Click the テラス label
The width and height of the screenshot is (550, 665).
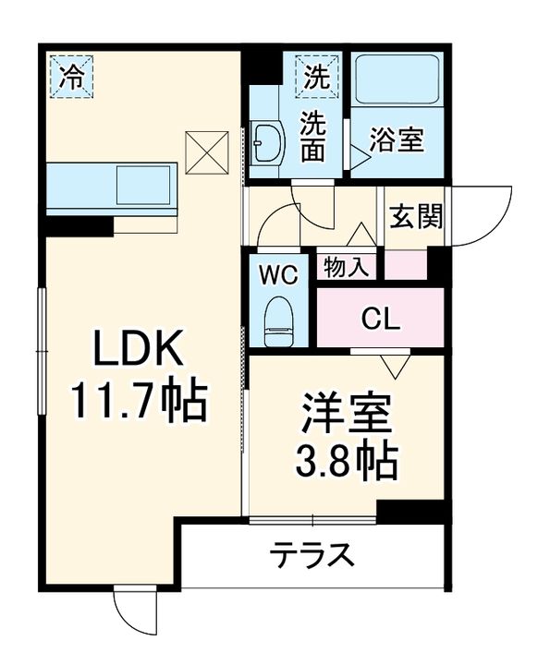pyautogui.click(x=312, y=556)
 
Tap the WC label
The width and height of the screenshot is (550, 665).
pyautogui.click(x=277, y=274)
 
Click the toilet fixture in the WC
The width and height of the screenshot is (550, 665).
pyautogui.click(x=278, y=320)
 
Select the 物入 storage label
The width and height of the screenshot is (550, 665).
pyautogui.click(x=347, y=267)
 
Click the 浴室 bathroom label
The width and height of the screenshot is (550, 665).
pyautogui.click(x=397, y=141)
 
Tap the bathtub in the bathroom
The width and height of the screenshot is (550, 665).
pyautogui.click(x=397, y=83)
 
